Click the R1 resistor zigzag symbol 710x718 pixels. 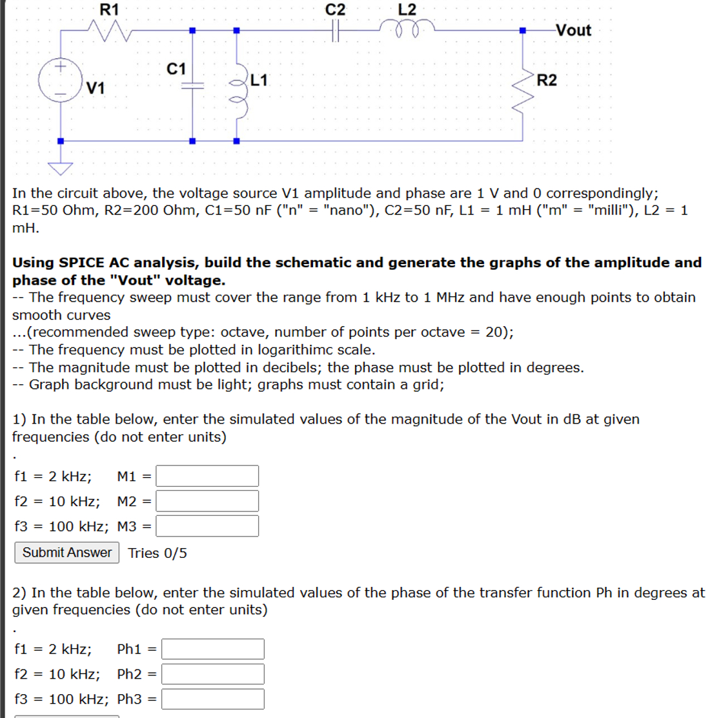[110, 30]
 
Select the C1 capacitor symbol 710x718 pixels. [192, 86]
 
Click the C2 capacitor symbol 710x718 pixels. [335, 30]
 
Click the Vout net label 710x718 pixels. [573, 30]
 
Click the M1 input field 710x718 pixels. [207, 477]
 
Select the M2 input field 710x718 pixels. [207, 501]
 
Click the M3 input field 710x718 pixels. [207, 526]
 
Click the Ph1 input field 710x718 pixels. [212, 649]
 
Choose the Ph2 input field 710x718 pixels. [212, 674]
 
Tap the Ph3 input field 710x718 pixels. [212, 699]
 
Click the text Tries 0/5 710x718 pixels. [157, 553]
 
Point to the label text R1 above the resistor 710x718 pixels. [109, 9]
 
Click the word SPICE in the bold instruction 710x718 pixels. [82, 263]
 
